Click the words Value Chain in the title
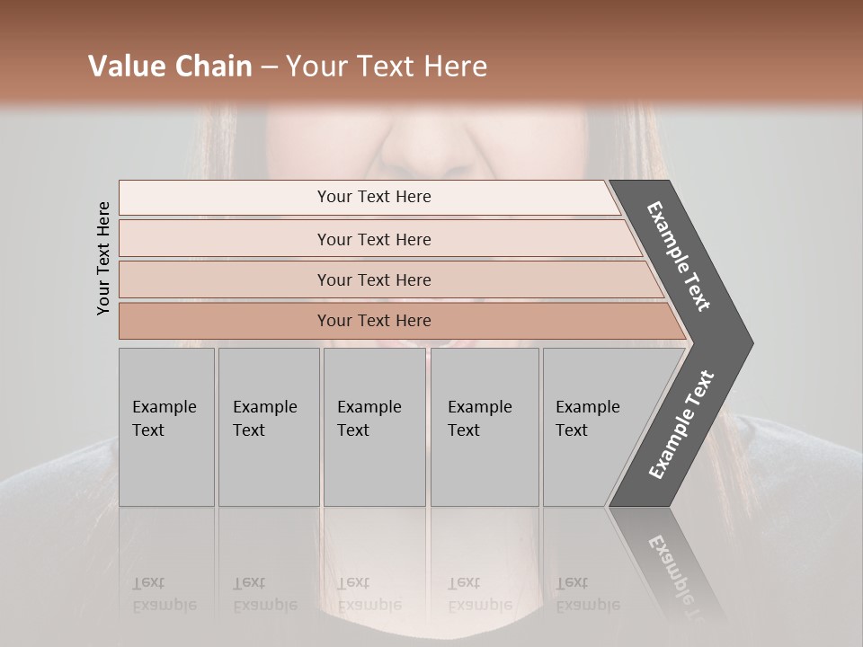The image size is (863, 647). coord(170,66)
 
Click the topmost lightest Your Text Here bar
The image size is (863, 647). coord(373,197)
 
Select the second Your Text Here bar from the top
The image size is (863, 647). coord(373,239)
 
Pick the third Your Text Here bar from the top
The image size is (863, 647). coord(373,279)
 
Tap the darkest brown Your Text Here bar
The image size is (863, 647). coord(373,321)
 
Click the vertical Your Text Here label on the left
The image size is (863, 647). coord(104,259)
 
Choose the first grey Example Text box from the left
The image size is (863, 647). coord(166,427)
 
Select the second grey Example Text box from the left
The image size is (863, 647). coord(269,427)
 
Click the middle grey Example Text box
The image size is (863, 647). coord(374,427)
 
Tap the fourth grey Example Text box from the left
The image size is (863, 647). coord(485,427)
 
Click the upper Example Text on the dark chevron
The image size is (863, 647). coord(680,256)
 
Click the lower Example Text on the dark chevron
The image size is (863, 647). coord(681,424)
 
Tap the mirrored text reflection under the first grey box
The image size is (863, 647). coord(165,594)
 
